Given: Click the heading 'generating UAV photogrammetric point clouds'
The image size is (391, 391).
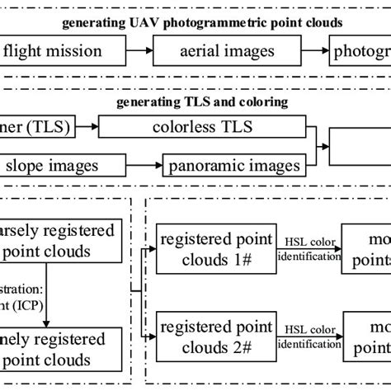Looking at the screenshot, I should pyautogui.click(x=195, y=21).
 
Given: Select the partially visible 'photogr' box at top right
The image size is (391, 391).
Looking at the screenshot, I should pyautogui.click(x=359, y=52).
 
